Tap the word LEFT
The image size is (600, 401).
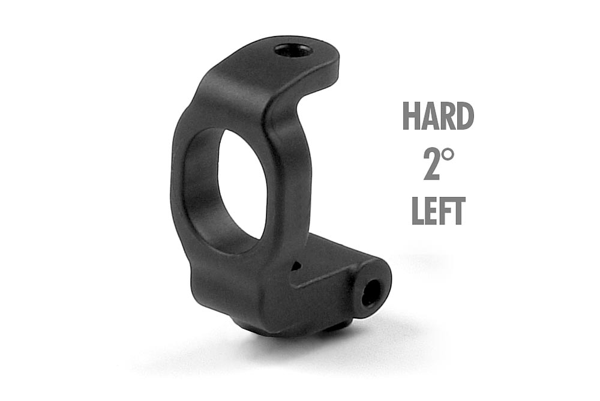click(439, 211)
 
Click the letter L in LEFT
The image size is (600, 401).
click(418, 211)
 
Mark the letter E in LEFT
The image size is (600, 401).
click(431, 211)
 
